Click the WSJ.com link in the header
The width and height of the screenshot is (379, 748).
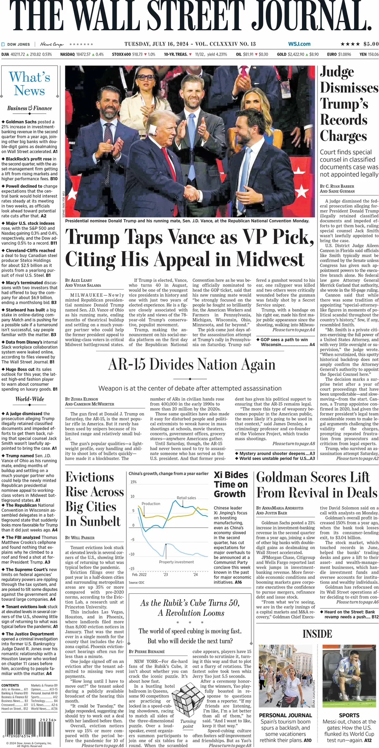(299, 44)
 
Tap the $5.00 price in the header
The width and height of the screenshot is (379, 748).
(371, 44)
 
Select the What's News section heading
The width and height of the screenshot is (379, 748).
(29, 83)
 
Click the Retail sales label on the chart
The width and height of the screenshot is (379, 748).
(186, 497)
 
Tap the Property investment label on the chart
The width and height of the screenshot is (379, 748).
(176, 562)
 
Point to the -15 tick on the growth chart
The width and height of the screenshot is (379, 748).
(131, 569)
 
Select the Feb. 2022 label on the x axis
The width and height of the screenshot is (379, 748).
(139, 574)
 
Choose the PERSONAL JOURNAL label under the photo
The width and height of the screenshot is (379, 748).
(285, 715)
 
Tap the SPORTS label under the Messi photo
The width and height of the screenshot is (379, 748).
(349, 715)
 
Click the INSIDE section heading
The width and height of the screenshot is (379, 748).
(317, 634)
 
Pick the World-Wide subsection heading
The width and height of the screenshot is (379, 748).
(29, 399)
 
